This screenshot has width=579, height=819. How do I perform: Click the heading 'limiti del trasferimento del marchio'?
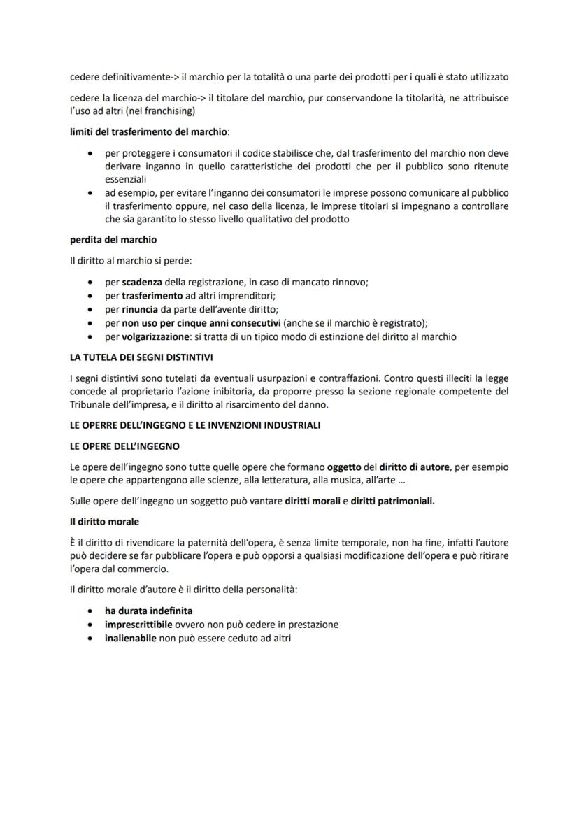point(150,131)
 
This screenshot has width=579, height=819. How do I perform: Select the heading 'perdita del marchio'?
point(113,240)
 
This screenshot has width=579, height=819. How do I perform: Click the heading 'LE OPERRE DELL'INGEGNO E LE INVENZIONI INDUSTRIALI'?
point(195,425)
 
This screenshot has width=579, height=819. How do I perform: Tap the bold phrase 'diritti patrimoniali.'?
point(392,501)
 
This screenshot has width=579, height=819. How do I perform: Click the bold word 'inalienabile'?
point(131,638)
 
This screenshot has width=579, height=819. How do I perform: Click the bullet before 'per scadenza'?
point(88,282)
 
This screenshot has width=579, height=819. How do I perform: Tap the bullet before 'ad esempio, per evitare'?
point(88,192)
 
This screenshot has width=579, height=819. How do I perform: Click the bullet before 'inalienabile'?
point(88,638)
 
